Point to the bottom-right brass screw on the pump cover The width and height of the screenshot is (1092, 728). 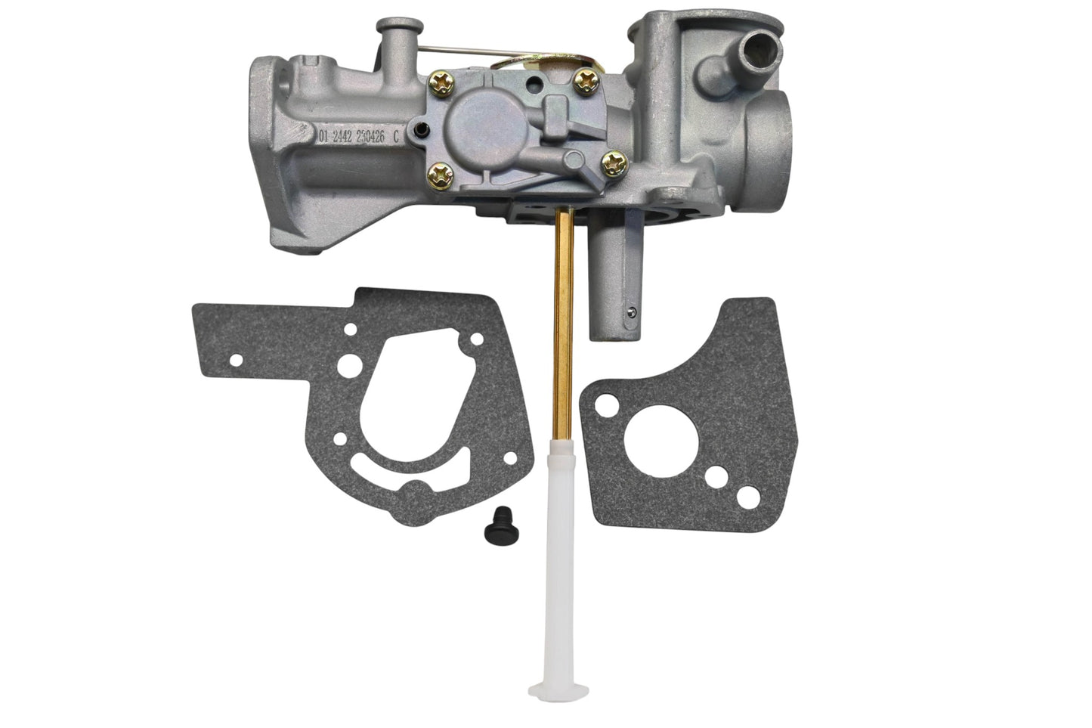614,160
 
